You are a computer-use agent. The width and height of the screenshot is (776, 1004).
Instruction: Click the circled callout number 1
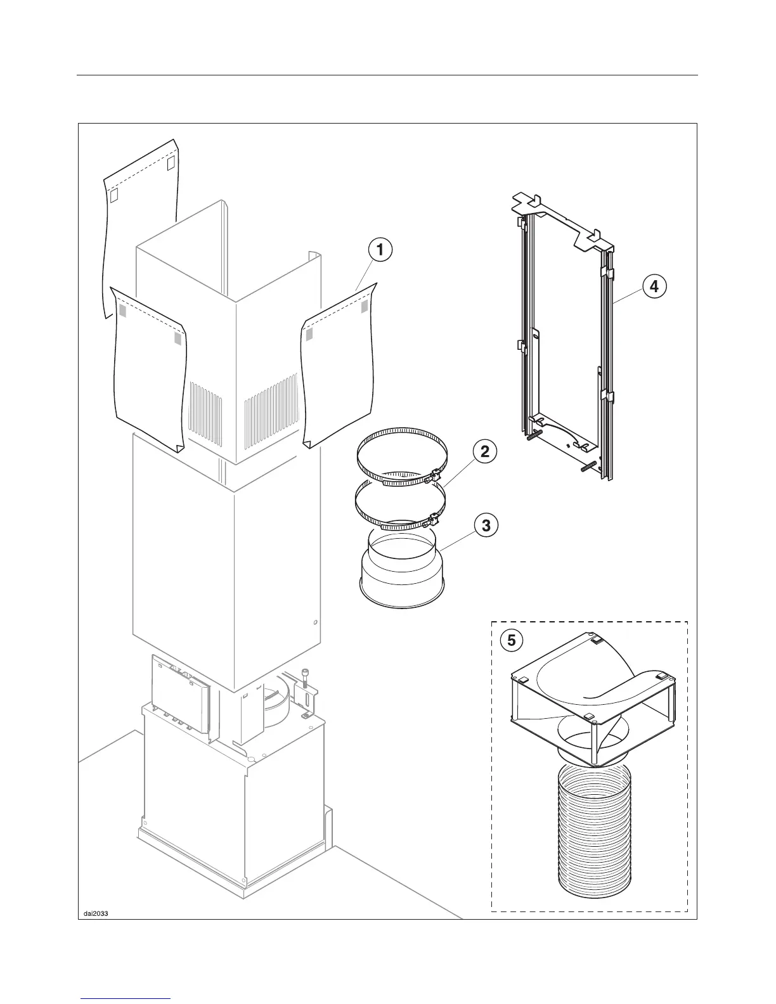point(380,250)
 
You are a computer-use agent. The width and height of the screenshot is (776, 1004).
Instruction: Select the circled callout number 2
point(484,452)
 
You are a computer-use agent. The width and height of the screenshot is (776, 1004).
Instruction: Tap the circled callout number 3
point(486,525)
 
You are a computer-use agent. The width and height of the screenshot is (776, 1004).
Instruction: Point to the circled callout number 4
point(654,286)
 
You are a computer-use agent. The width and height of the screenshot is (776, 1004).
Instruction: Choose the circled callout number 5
point(512,641)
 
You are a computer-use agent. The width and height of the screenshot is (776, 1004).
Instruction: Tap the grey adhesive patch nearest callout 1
point(364,307)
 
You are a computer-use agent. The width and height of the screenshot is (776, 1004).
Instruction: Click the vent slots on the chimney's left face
point(206,412)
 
